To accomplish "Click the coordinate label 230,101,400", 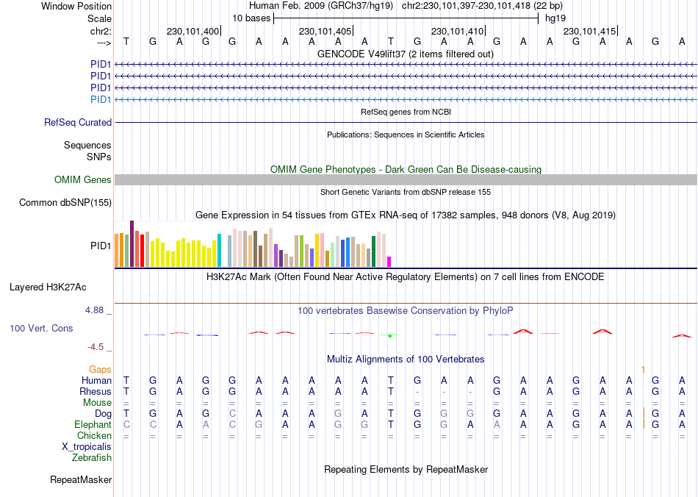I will pos(193,32).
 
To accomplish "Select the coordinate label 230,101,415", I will pos(589,32).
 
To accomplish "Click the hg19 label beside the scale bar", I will pos(555,18).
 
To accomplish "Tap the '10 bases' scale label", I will pos(251,18).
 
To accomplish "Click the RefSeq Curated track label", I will pos(78,123).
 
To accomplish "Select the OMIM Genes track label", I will pos(83,180).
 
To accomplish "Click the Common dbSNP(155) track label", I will pos(65,202).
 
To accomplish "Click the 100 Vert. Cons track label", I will pos(41,328).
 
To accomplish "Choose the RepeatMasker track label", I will pos(81,480).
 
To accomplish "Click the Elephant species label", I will pos(93,425).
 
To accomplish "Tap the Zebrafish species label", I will pos(92,458).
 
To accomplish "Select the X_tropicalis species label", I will pos(87,447).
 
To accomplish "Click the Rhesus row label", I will pos(95,392).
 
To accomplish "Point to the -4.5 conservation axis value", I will pos(96,346).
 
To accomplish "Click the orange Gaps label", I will pos(100,369).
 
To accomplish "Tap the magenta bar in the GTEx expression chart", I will pos(389,262).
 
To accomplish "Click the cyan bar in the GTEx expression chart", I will pos(219,251).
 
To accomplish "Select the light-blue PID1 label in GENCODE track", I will pos(101,99).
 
